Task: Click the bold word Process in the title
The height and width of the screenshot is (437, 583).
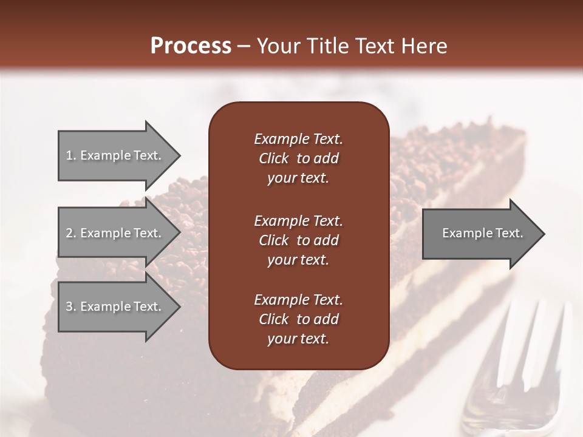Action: tap(191, 46)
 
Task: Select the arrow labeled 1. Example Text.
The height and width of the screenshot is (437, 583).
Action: tap(115, 155)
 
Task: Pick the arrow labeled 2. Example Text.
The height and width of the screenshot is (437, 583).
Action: tap(115, 233)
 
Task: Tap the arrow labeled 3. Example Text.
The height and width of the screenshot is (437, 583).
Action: tap(115, 307)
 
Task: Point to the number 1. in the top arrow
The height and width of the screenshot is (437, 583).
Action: tap(71, 155)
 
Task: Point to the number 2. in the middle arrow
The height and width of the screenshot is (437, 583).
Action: tap(71, 233)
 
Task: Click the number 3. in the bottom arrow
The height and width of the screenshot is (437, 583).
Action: tap(71, 307)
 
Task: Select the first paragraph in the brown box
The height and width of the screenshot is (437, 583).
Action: tap(298, 158)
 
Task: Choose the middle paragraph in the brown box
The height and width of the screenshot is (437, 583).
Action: tap(298, 240)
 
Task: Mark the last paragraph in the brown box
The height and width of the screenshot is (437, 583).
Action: tap(298, 319)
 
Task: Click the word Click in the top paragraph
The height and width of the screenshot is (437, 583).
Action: tap(273, 158)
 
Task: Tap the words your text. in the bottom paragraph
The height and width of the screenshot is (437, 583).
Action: tap(298, 339)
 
